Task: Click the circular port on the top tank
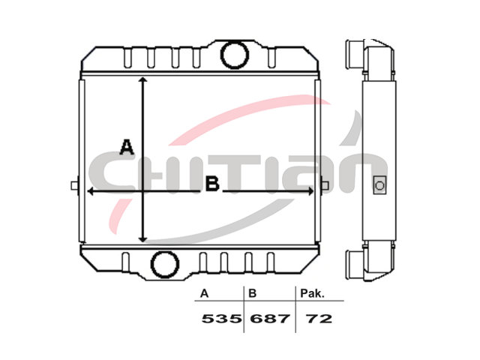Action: [x=235, y=55]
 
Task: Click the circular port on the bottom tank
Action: [x=165, y=265]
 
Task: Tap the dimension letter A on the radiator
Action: [x=127, y=147]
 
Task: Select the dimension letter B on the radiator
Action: [x=212, y=184]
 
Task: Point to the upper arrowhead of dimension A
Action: [x=142, y=80]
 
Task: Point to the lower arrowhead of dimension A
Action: [x=143, y=238]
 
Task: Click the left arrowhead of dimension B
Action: [x=91, y=191]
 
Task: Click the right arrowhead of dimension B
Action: [x=310, y=191]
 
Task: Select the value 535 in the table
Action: [x=221, y=319]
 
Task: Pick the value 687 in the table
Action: [x=270, y=319]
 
